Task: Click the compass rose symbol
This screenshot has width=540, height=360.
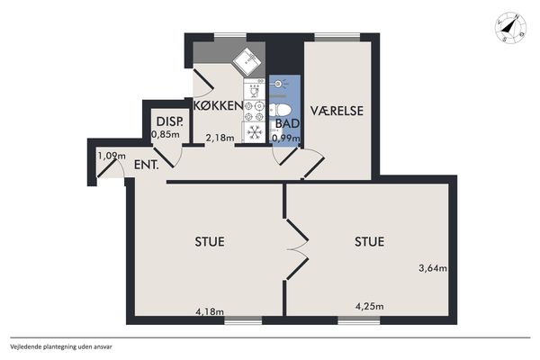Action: [510, 30]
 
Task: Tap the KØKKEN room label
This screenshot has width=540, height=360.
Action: [219, 105]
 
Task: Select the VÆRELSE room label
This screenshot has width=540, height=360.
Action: [337, 111]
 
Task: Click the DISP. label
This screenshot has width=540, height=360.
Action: [169, 121]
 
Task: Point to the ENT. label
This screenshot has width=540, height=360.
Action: [147, 165]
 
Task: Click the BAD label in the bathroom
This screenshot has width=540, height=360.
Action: [287, 123]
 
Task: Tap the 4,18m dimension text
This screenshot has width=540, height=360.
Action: [210, 311]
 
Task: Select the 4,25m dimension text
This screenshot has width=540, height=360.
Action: [370, 306]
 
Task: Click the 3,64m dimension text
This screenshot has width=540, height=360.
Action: [433, 267]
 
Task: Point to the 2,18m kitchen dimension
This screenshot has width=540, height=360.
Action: [220, 138]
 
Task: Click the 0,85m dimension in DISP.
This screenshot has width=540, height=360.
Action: [166, 134]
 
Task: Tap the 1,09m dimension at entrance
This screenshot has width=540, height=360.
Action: [112, 156]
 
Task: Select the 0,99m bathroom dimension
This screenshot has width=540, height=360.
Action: [286, 138]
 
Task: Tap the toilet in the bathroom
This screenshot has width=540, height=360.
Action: [280, 111]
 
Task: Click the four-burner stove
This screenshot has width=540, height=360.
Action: [254, 111]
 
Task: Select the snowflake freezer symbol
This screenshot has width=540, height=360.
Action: [255, 132]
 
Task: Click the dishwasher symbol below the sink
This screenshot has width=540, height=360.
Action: [254, 89]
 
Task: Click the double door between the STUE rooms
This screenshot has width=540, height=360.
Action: [296, 249]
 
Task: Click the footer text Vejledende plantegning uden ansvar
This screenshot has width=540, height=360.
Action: [61, 346]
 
